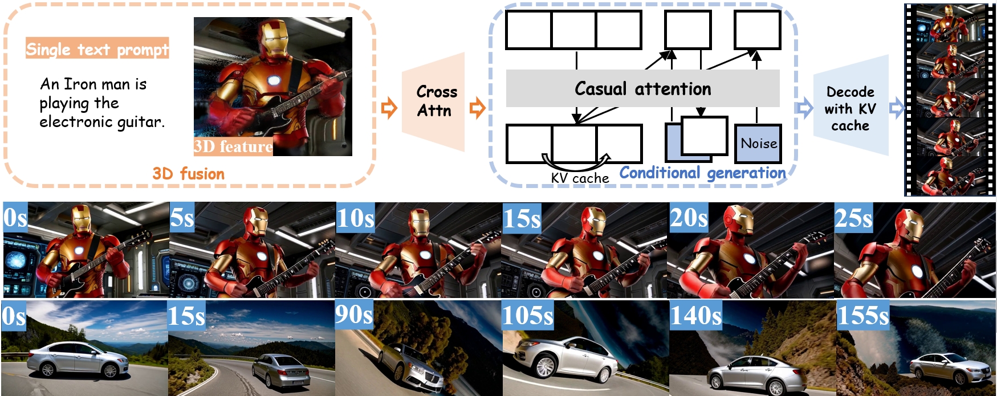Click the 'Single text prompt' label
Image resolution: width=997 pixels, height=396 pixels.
(97, 49)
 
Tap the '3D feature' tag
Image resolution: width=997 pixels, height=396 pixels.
(233, 146)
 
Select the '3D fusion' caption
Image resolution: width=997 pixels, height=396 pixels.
(188, 174)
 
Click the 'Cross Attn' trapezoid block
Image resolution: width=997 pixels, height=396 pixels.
(434, 101)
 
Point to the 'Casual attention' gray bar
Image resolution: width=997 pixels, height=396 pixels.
(642, 88)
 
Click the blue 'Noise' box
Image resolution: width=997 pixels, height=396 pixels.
(758, 144)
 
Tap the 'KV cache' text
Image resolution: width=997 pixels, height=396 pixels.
(580, 178)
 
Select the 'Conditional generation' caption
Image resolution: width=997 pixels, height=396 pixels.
(702, 173)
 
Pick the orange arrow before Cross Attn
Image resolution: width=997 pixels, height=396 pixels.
(389, 107)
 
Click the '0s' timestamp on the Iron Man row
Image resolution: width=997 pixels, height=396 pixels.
(15, 217)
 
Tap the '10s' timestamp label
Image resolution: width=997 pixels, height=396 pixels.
(356, 218)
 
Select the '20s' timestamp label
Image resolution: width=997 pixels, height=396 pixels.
(689, 217)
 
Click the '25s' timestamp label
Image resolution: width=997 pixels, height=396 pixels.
(853, 218)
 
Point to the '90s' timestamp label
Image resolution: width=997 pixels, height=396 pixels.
(354, 315)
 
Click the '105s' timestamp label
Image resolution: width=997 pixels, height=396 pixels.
(528, 315)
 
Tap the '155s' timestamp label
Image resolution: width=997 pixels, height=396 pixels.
(863, 315)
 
